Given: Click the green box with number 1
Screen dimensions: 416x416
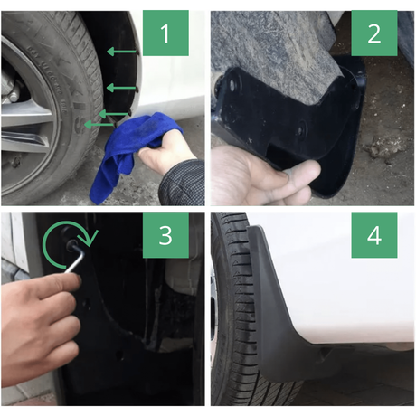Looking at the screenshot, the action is tap(165, 33).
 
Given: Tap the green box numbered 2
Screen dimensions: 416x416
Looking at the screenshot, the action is tap(374, 33).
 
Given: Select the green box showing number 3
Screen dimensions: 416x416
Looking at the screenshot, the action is tap(165, 235).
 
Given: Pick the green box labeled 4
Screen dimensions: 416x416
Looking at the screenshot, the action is tap(374, 235).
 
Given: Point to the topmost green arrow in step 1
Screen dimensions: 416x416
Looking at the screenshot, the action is tap(122, 52).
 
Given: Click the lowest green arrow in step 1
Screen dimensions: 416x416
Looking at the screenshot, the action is tap(99, 125).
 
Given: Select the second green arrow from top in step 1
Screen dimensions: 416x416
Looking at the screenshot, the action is tap(121, 88).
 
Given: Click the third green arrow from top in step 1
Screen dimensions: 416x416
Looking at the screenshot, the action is tap(113, 114).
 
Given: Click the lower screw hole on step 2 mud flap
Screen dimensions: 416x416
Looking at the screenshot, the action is tap(300, 130).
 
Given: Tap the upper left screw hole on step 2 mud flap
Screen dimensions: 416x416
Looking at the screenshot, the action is tap(232, 85).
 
